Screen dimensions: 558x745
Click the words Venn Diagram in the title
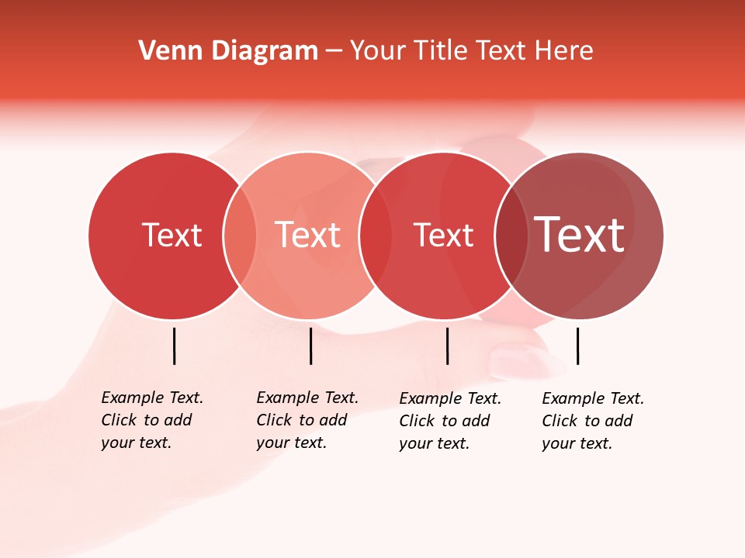[x=228, y=51]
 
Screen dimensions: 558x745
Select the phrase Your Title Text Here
[x=471, y=51]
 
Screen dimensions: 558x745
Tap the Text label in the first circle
[x=172, y=235]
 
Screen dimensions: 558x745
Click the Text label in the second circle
[x=308, y=235]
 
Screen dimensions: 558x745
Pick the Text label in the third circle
[x=443, y=235]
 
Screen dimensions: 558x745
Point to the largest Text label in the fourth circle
[x=580, y=235]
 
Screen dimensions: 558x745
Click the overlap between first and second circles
[x=240, y=236]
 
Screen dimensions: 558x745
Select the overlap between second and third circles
[x=376, y=236]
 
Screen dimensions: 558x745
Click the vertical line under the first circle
[x=175, y=346]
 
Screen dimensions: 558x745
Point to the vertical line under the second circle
[x=310, y=346]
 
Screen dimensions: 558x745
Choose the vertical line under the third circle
[x=447, y=346]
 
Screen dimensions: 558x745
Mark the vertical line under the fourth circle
[x=577, y=346]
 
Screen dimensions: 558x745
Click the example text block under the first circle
[x=152, y=420]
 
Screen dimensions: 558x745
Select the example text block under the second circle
[x=307, y=420]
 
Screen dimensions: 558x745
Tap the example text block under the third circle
[x=450, y=421]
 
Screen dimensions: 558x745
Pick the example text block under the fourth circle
[x=593, y=421]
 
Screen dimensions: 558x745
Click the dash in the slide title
[x=334, y=52]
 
